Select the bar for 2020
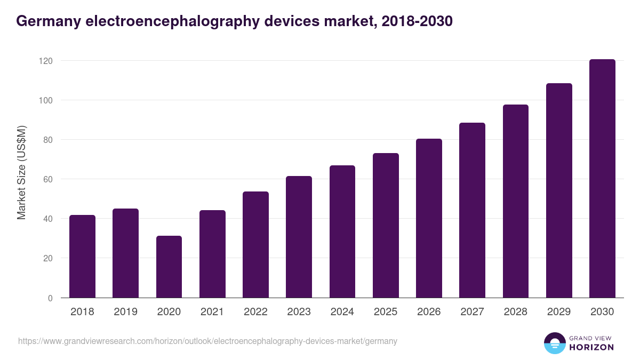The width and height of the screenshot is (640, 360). (x=169, y=267)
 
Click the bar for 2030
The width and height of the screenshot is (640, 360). (x=602, y=179)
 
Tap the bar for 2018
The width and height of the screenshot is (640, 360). (x=82, y=257)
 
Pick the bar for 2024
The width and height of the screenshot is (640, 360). (x=342, y=231)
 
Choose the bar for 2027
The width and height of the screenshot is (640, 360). (x=472, y=210)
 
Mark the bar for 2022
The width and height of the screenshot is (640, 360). (x=255, y=245)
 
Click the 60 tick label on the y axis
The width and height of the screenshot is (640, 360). (x=48, y=179)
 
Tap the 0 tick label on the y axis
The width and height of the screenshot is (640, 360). (x=50, y=298)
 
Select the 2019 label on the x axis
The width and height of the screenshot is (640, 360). (x=125, y=312)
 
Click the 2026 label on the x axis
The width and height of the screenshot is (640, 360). (x=429, y=312)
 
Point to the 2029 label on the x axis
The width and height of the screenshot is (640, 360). (x=559, y=312)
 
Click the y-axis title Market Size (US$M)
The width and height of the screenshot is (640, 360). (x=21, y=172)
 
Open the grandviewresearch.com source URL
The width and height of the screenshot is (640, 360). (x=207, y=341)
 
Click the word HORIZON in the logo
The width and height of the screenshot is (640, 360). (x=591, y=347)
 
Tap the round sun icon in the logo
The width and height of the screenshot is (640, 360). (x=554, y=343)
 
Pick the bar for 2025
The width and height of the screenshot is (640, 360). (x=386, y=226)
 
